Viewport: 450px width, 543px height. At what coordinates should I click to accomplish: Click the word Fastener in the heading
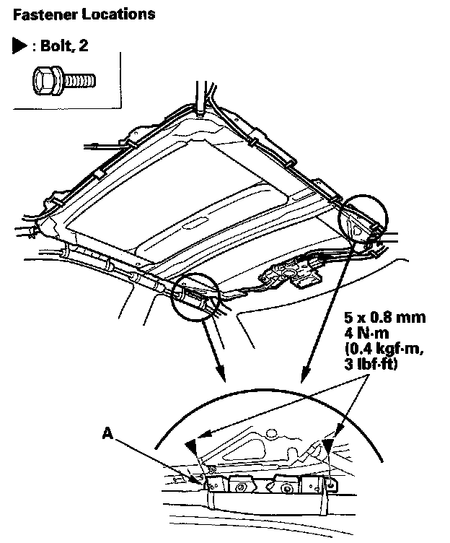[43, 14]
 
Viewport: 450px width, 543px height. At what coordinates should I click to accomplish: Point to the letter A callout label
[107, 433]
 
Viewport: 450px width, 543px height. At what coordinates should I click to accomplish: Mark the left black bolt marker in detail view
[192, 447]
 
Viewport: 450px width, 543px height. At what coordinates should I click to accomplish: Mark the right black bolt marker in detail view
[327, 446]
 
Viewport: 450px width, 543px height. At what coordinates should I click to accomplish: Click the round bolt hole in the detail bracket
[288, 489]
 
